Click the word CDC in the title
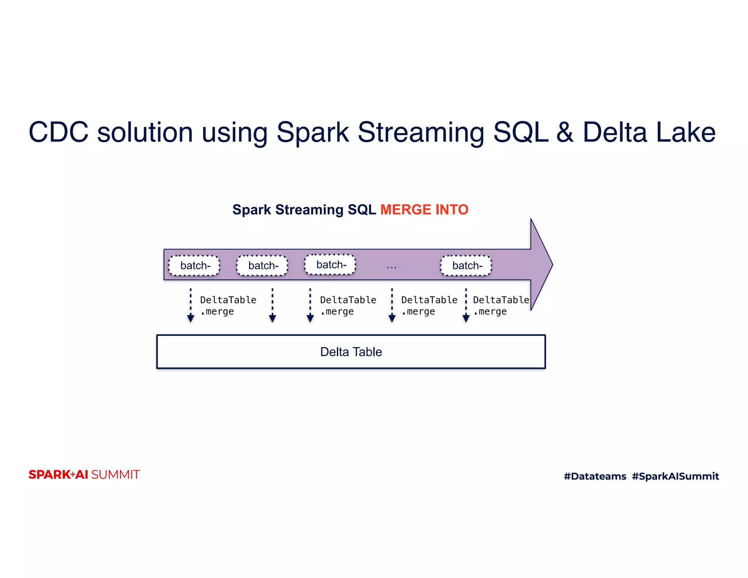click(x=58, y=132)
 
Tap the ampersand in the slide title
click(x=565, y=132)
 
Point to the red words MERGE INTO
click(x=424, y=210)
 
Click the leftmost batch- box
click(x=194, y=266)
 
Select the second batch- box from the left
click(x=262, y=266)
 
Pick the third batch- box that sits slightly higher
click(x=330, y=265)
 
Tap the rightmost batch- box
click(x=466, y=266)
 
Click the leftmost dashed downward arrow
click(x=190, y=305)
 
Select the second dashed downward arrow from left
click(x=272, y=305)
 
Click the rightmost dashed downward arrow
click(x=466, y=305)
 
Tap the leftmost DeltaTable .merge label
click(x=228, y=305)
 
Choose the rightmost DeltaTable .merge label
click(x=500, y=305)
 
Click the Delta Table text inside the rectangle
click(x=351, y=352)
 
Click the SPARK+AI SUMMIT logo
click(x=84, y=475)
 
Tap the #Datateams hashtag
click(x=595, y=476)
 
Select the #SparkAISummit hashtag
click(x=675, y=476)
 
